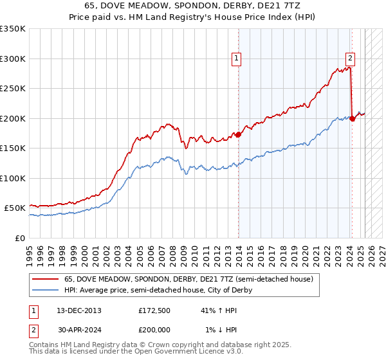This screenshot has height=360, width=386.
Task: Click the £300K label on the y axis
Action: (13, 59)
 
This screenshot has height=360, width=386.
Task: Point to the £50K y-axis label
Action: (15, 208)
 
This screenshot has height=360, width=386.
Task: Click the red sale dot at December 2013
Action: (239, 134)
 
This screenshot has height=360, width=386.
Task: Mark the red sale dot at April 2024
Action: (353, 118)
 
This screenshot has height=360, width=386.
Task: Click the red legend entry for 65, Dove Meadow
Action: (188, 279)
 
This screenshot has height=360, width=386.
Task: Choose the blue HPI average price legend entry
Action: (158, 290)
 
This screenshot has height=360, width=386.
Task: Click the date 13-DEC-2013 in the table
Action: (79, 310)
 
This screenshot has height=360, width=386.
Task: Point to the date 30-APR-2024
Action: (79, 329)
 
